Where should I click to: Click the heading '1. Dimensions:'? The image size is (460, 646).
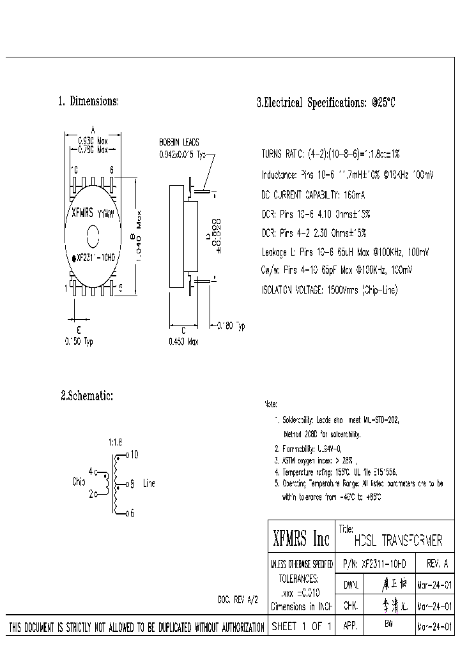pyautogui.click(x=88, y=101)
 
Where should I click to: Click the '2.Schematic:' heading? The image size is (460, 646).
pyautogui.click(x=87, y=396)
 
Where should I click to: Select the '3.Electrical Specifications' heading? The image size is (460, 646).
pyautogui.click(x=326, y=102)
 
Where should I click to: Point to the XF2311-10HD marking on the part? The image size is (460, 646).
pyautogui.click(x=95, y=258)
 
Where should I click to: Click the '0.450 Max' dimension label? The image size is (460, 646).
pyautogui.click(x=183, y=342)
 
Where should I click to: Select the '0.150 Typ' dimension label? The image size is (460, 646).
pyautogui.click(x=79, y=342)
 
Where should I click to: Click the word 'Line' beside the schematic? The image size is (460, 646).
pyautogui.click(x=149, y=483)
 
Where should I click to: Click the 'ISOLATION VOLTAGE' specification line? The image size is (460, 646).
pyautogui.click(x=329, y=290)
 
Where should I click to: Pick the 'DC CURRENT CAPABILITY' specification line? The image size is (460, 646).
pyautogui.click(x=312, y=193)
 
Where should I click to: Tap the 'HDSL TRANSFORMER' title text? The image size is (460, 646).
pyautogui.click(x=397, y=541)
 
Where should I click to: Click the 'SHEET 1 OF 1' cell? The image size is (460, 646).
pyautogui.click(x=302, y=626)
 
